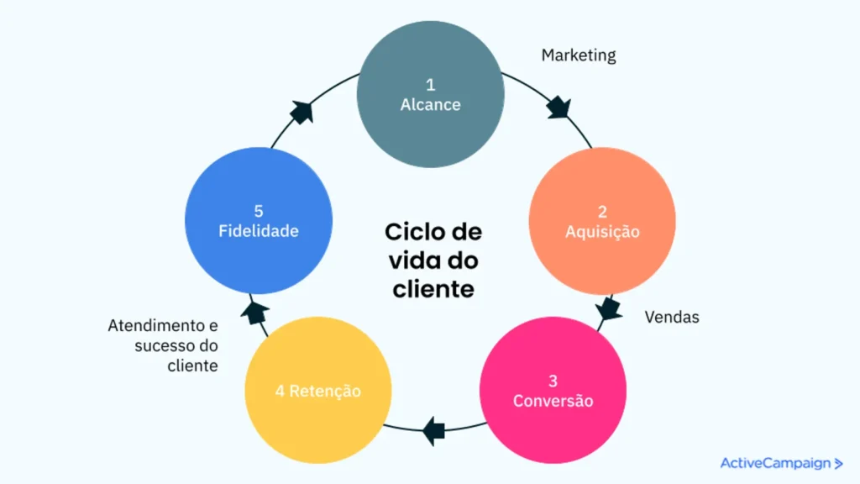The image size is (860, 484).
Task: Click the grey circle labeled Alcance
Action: (x=430, y=94)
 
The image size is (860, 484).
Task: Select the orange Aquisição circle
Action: (x=602, y=221)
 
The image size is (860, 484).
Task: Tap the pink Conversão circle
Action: (x=553, y=390)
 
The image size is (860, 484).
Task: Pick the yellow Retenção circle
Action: (x=318, y=391)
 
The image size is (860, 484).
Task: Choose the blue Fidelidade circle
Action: (x=258, y=221)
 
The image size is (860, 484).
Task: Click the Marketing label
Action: (x=579, y=55)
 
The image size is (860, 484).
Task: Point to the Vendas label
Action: (x=672, y=318)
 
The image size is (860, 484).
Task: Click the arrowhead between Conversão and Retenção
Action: (x=433, y=430)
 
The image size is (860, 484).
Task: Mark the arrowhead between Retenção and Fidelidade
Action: (x=254, y=313)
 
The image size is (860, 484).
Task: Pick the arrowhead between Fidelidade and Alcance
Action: (x=301, y=112)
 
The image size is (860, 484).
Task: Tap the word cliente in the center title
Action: (x=433, y=290)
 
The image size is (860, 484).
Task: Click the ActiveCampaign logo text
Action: (x=777, y=463)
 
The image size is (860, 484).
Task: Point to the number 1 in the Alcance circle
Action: (x=431, y=84)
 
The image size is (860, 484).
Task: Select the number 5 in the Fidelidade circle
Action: (x=258, y=211)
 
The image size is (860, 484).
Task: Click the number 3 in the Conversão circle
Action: (x=553, y=381)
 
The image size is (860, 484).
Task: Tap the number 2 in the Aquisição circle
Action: (x=602, y=211)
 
